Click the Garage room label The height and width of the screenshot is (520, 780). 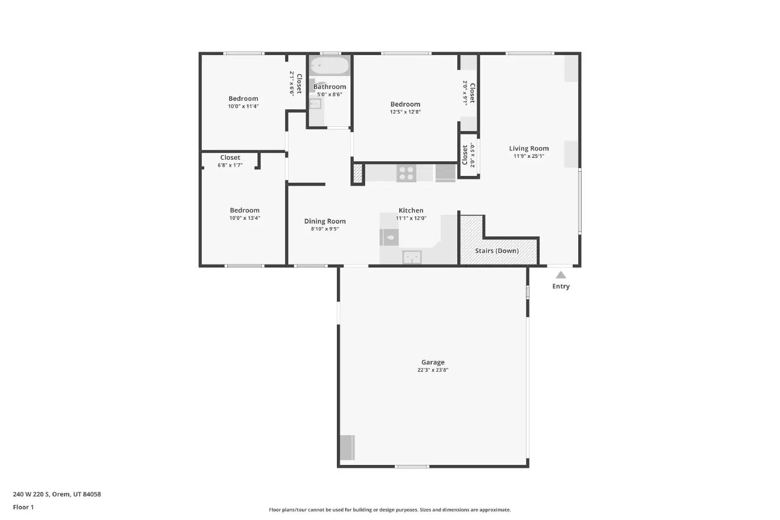tap(433, 362)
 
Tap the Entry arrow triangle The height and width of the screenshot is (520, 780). tap(561, 275)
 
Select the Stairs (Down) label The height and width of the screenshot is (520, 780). tap(497, 250)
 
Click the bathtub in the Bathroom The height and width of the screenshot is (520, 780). tap(330, 66)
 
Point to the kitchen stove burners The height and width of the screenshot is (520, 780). tap(406, 173)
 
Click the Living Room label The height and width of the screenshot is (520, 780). tap(529, 149)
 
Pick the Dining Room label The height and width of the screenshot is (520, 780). tap(325, 221)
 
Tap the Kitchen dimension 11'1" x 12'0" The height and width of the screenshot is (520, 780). tap(411, 218)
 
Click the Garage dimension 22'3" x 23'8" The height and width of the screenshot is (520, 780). tap(433, 370)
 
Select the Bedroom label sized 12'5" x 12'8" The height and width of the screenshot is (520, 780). tap(405, 104)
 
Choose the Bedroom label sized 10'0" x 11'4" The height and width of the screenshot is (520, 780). tap(243, 98)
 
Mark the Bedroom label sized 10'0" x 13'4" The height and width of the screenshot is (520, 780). tap(245, 211)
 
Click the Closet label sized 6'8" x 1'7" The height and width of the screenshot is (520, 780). tap(230, 157)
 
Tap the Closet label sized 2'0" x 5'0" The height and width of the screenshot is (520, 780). tap(465, 155)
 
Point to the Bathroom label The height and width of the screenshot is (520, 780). tap(330, 87)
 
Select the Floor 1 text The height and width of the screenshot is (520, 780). tap(23, 507)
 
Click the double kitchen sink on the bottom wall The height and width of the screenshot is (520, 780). tap(412, 257)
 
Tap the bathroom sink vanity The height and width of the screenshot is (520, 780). tap(315, 104)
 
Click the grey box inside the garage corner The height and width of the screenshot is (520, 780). tap(347, 447)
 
